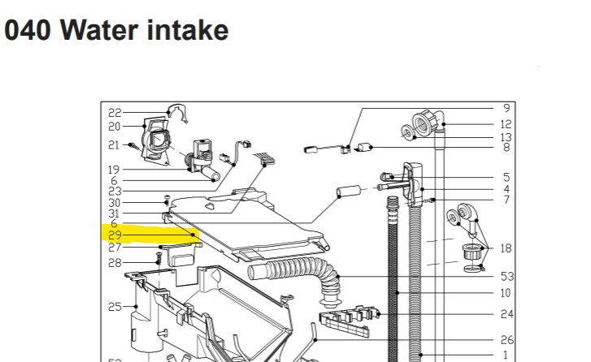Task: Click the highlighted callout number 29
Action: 115,235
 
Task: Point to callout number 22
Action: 115,113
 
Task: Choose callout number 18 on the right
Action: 506,248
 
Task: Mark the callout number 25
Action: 115,307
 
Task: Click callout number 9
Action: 506,108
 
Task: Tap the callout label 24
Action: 506,313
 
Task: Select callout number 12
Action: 506,124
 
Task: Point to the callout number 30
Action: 115,202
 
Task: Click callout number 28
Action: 115,262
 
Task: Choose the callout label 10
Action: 506,292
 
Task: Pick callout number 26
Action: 506,341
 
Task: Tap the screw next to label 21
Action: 133,145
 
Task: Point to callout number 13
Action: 506,137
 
